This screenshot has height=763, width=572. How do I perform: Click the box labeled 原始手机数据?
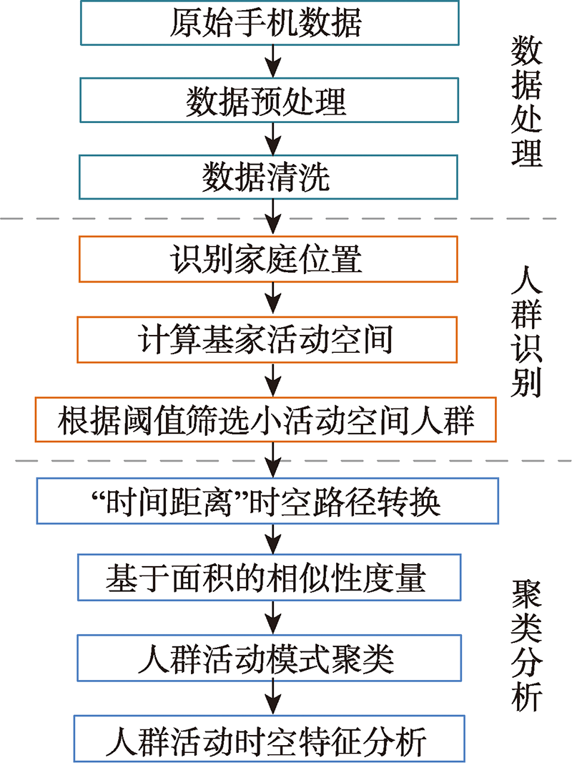pos(270,22)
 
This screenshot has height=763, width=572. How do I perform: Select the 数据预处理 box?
pos(270,100)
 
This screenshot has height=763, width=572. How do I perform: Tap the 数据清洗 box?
pos(268,177)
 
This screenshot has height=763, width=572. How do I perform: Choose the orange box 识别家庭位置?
pos(268,259)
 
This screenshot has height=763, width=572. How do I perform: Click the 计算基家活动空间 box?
pos(267,340)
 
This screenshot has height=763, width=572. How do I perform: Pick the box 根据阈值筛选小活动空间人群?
pos(265,419)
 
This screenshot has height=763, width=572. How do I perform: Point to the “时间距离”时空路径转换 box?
pos(267,501)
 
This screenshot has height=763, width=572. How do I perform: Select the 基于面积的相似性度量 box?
pos(270,577)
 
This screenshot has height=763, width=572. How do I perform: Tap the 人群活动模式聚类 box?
pos(270,658)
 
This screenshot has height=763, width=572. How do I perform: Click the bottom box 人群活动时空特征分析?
pos(270,739)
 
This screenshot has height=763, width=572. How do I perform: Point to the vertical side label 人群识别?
pos(526,331)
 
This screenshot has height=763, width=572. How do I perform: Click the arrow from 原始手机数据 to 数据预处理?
pos(273,62)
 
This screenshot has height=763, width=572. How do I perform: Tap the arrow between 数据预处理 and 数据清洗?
pos(273,139)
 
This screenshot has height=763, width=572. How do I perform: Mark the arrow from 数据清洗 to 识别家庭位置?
pos(273,218)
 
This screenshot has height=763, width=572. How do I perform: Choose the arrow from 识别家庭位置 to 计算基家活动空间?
pos(273,299)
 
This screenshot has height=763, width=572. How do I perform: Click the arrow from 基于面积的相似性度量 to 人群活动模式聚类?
pos(273,618)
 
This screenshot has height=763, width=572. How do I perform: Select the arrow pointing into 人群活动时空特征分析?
pos(273,698)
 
